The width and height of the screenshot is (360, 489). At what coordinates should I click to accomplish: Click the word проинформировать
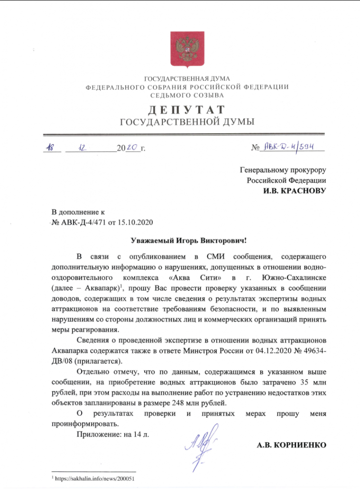coord(83,424)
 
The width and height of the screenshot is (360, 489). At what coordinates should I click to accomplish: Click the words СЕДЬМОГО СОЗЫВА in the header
coord(187,95)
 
